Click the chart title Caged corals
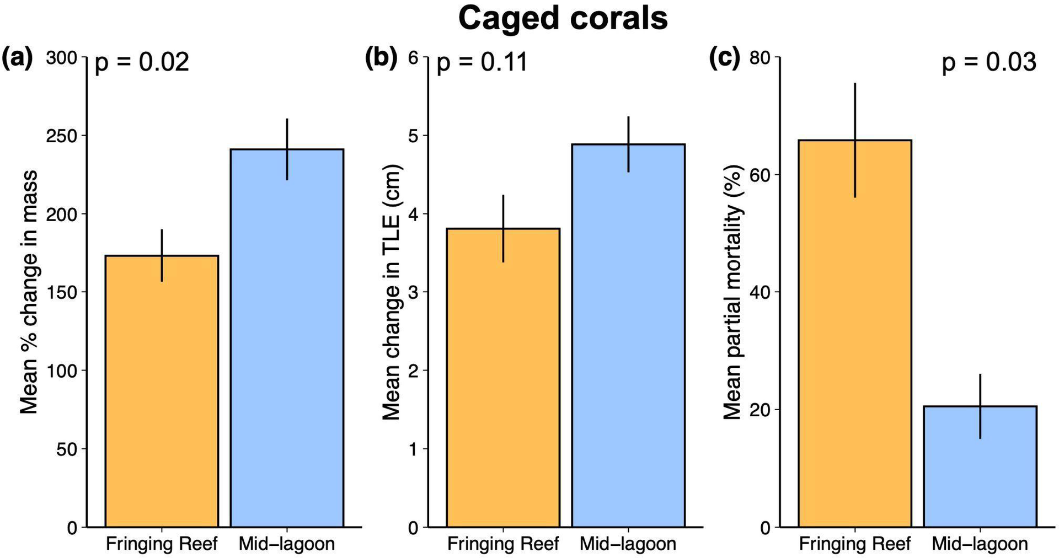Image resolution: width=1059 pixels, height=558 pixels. point(563,18)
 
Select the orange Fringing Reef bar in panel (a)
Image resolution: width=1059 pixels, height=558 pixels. point(162,391)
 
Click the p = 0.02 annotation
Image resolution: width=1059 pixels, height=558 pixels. point(142,62)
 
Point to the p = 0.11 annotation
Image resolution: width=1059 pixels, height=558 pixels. point(482,62)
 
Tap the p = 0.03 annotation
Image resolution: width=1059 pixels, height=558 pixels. point(988,62)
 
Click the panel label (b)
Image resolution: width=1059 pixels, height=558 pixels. point(381,58)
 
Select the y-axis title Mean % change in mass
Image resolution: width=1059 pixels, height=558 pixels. point(29,292)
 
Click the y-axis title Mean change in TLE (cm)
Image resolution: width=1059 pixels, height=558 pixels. point(391,292)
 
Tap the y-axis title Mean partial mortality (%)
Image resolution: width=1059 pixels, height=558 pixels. point(732,292)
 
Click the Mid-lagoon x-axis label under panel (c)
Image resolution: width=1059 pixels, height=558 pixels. point(980,544)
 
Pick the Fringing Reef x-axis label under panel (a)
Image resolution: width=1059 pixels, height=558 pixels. point(162,544)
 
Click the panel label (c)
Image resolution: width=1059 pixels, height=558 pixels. point(724,58)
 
